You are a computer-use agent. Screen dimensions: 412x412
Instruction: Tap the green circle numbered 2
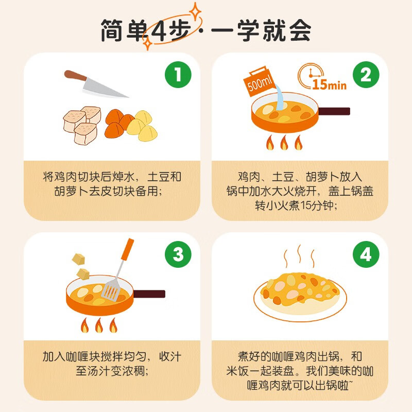tap(366, 75)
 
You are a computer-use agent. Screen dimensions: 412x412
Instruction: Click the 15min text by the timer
tap(329, 84)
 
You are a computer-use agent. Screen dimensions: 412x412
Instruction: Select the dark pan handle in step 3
tap(149, 294)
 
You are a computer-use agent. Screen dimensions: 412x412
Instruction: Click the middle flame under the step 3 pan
tap(99, 325)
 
